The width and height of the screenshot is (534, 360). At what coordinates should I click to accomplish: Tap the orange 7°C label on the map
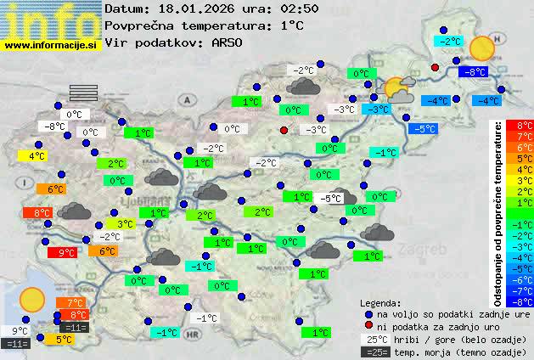[70, 302]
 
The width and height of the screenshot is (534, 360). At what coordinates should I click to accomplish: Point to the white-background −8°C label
[54, 127]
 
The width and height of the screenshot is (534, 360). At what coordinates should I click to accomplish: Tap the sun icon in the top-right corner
[481, 48]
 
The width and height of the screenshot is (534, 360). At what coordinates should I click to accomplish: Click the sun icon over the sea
[32, 298]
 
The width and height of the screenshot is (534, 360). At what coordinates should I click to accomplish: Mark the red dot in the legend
[368, 326]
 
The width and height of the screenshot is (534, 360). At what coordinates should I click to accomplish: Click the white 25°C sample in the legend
[374, 339]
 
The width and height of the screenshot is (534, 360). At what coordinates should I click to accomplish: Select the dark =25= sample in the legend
[374, 352]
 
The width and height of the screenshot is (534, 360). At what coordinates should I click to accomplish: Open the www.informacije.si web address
[51, 44]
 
